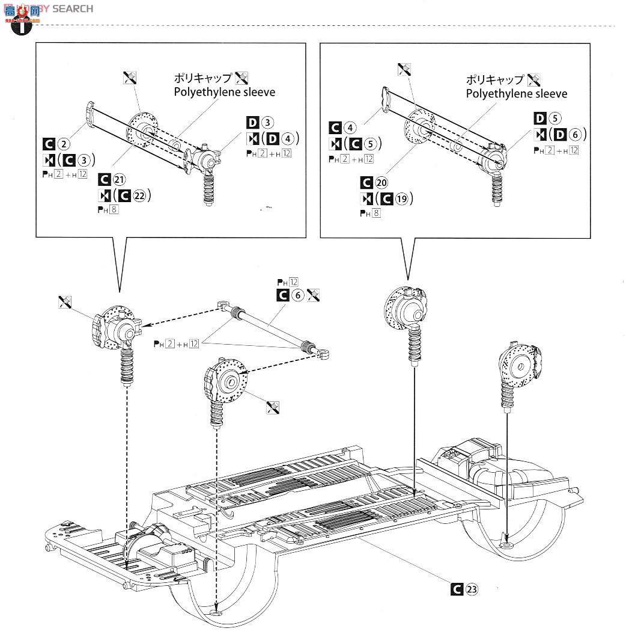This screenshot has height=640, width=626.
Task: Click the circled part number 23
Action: [472, 589]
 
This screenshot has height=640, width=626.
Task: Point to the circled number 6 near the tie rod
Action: [298, 295]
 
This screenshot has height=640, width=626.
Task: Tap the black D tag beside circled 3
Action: [252, 123]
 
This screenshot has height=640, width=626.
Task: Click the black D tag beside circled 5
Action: [539, 118]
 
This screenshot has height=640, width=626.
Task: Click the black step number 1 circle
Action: [20, 28]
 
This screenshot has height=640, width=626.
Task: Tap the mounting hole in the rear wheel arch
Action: [507, 545]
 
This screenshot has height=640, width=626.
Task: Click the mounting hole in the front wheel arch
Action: [216, 613]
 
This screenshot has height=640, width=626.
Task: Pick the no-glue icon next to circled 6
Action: [313, 295]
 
